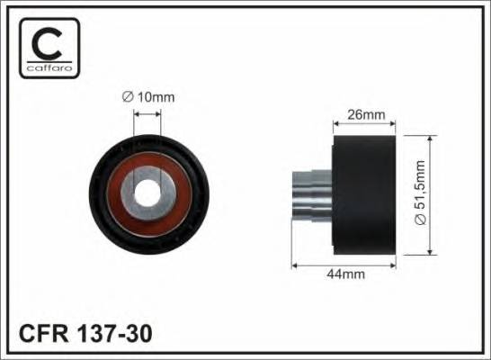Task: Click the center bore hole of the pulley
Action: (147, 189)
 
